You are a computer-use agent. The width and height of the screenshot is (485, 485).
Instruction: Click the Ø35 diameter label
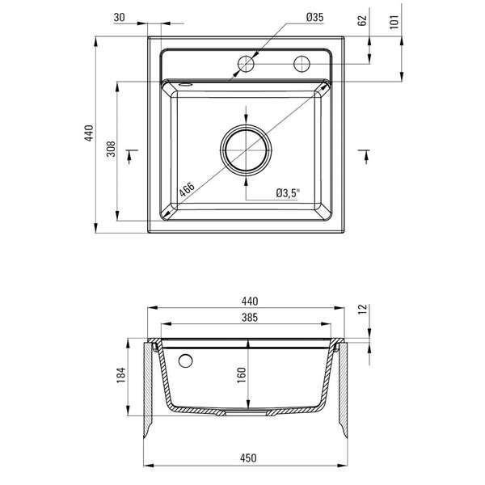(315, 17)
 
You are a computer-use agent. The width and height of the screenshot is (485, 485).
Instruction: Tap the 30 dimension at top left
(120, 17)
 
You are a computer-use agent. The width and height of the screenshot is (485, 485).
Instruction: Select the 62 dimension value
(362, 20)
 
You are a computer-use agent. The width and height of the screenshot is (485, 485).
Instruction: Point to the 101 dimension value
(394, 22)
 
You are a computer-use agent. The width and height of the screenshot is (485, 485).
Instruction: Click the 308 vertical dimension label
(111, 149)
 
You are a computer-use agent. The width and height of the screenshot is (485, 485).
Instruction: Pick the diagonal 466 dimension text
(187, 189)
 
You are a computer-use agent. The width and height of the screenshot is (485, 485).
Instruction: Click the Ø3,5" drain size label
(289, 193)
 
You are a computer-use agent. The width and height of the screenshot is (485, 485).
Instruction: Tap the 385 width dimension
(250, 318)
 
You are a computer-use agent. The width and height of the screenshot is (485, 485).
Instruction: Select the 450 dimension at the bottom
(248, 458)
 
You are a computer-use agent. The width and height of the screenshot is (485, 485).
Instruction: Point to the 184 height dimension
(121, 375)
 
